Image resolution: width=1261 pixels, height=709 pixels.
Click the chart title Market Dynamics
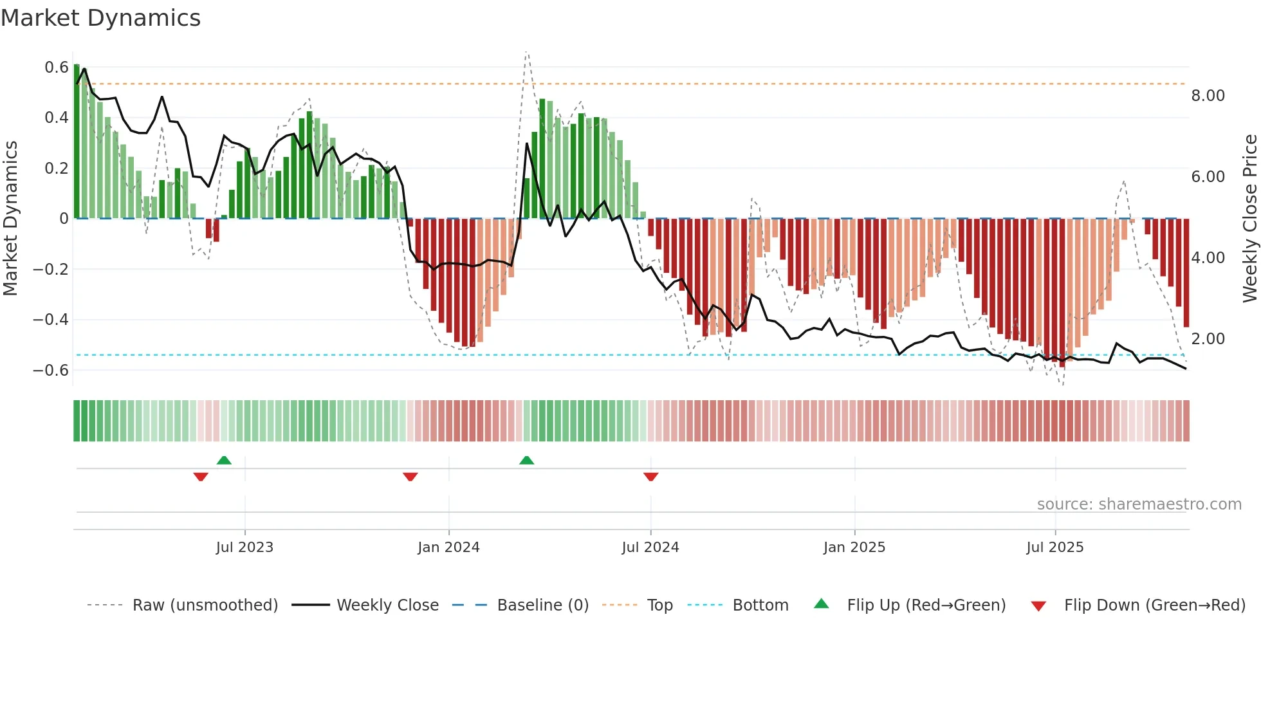pos(100,18)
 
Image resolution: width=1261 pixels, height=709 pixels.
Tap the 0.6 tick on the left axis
pos(57,67)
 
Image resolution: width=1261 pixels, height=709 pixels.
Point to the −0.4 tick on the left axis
pos(51,319)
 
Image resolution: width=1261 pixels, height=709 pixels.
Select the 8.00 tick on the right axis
pos(1208,95)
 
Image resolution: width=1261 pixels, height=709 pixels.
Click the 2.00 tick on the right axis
pos(1208,338)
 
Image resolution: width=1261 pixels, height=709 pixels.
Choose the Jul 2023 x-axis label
pos(244,547)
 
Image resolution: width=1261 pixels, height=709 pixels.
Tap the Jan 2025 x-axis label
pos(854,547)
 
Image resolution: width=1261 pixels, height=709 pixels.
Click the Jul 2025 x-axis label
pos(1054,547)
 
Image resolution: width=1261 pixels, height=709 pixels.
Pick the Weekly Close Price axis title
pos(1249,218)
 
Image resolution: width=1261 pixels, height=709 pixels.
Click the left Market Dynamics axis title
pos(10,218)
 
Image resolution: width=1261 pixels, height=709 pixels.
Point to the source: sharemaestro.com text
pos(1139,504)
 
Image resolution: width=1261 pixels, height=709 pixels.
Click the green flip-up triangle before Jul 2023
pos(224,460)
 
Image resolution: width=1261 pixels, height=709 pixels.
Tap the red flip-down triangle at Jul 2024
pos(650,477)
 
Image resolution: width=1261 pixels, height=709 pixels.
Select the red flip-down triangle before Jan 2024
pos(410,477)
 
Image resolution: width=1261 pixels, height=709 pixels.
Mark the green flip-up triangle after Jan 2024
pos(526,460)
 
